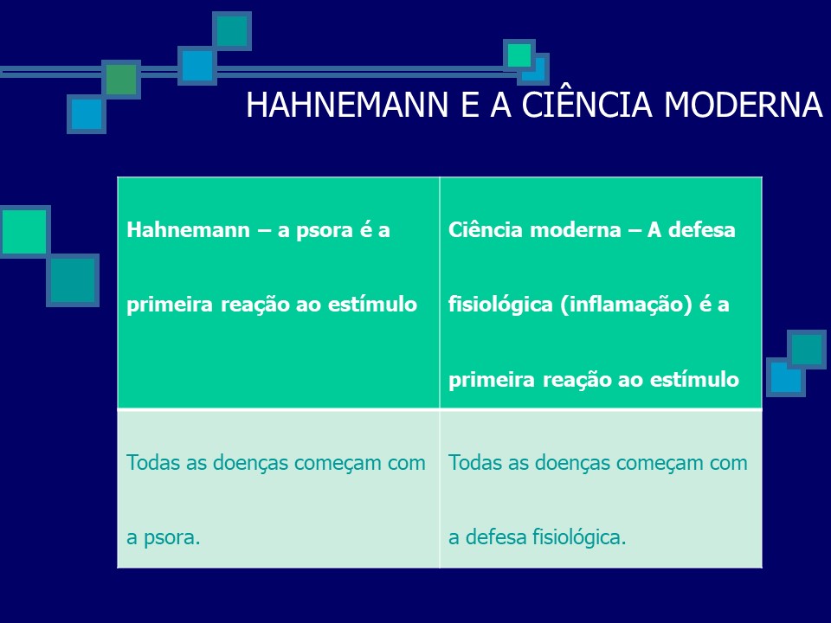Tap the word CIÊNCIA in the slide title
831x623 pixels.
pyautogui.click(x=571, y=106)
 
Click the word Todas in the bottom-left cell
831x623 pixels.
pyautogui.click(x=150, y=463)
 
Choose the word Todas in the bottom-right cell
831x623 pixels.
pyautogui.click(x=472, y=463)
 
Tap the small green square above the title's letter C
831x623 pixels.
pyautogui.click(x=519, y=55)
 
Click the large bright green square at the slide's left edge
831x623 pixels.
pyautogui.click(x=24, y=231)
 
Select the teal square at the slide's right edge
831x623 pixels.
pyautogui.click(x=807, y=349)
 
